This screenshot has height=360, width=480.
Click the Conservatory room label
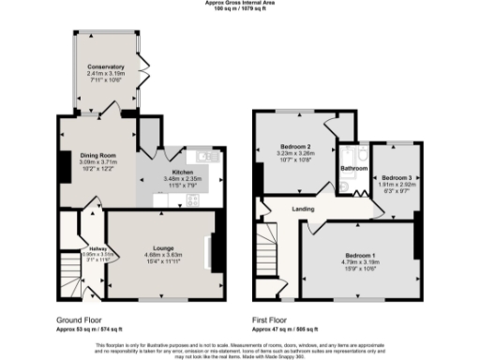tap(106, 67)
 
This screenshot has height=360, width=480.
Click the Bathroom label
tap(352, 169)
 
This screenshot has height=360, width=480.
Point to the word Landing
tap(303, 208)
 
